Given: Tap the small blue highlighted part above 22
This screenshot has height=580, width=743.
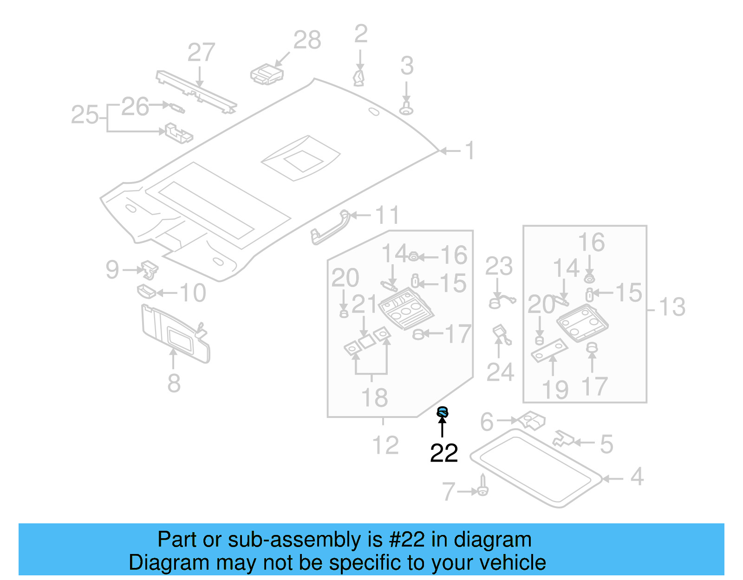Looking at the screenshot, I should (x=443, y=411).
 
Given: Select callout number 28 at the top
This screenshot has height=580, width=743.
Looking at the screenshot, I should (x=307, y=40).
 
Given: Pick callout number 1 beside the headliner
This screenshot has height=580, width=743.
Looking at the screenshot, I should (x=470, y=150).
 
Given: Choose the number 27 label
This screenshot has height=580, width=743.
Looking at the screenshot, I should (x=201, y=52).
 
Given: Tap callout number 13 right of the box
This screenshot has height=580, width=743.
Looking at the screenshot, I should (x=672, y=307).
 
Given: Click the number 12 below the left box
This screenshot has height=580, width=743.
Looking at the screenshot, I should (x=385, y=445).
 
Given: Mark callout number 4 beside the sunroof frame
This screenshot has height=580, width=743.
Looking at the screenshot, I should (x=637, y=477).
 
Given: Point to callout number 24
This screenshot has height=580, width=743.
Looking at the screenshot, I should (x=500, y=372).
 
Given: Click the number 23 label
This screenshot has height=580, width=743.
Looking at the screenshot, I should (x=499, y=267).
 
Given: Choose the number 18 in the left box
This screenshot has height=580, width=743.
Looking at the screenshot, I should (x=374, y=398).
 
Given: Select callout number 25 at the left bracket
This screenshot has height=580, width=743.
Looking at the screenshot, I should (x=85, y=115).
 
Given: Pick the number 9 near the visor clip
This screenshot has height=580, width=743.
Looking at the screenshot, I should (x=112, y=270).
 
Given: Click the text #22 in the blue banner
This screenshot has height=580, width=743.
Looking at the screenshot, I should (x=407, y=540).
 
